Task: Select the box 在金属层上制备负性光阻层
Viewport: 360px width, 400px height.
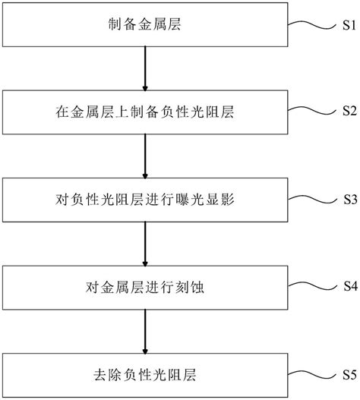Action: pos(144,112)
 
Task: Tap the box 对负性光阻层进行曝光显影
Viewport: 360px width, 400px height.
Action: pos(144,201)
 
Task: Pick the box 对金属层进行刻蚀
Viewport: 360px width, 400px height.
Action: pos(144,287)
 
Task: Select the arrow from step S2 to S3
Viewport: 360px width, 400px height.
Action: pos(144,157)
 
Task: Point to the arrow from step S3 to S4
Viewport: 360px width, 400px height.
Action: pos(144,243)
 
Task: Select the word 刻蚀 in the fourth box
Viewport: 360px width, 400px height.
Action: pos(188,288)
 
